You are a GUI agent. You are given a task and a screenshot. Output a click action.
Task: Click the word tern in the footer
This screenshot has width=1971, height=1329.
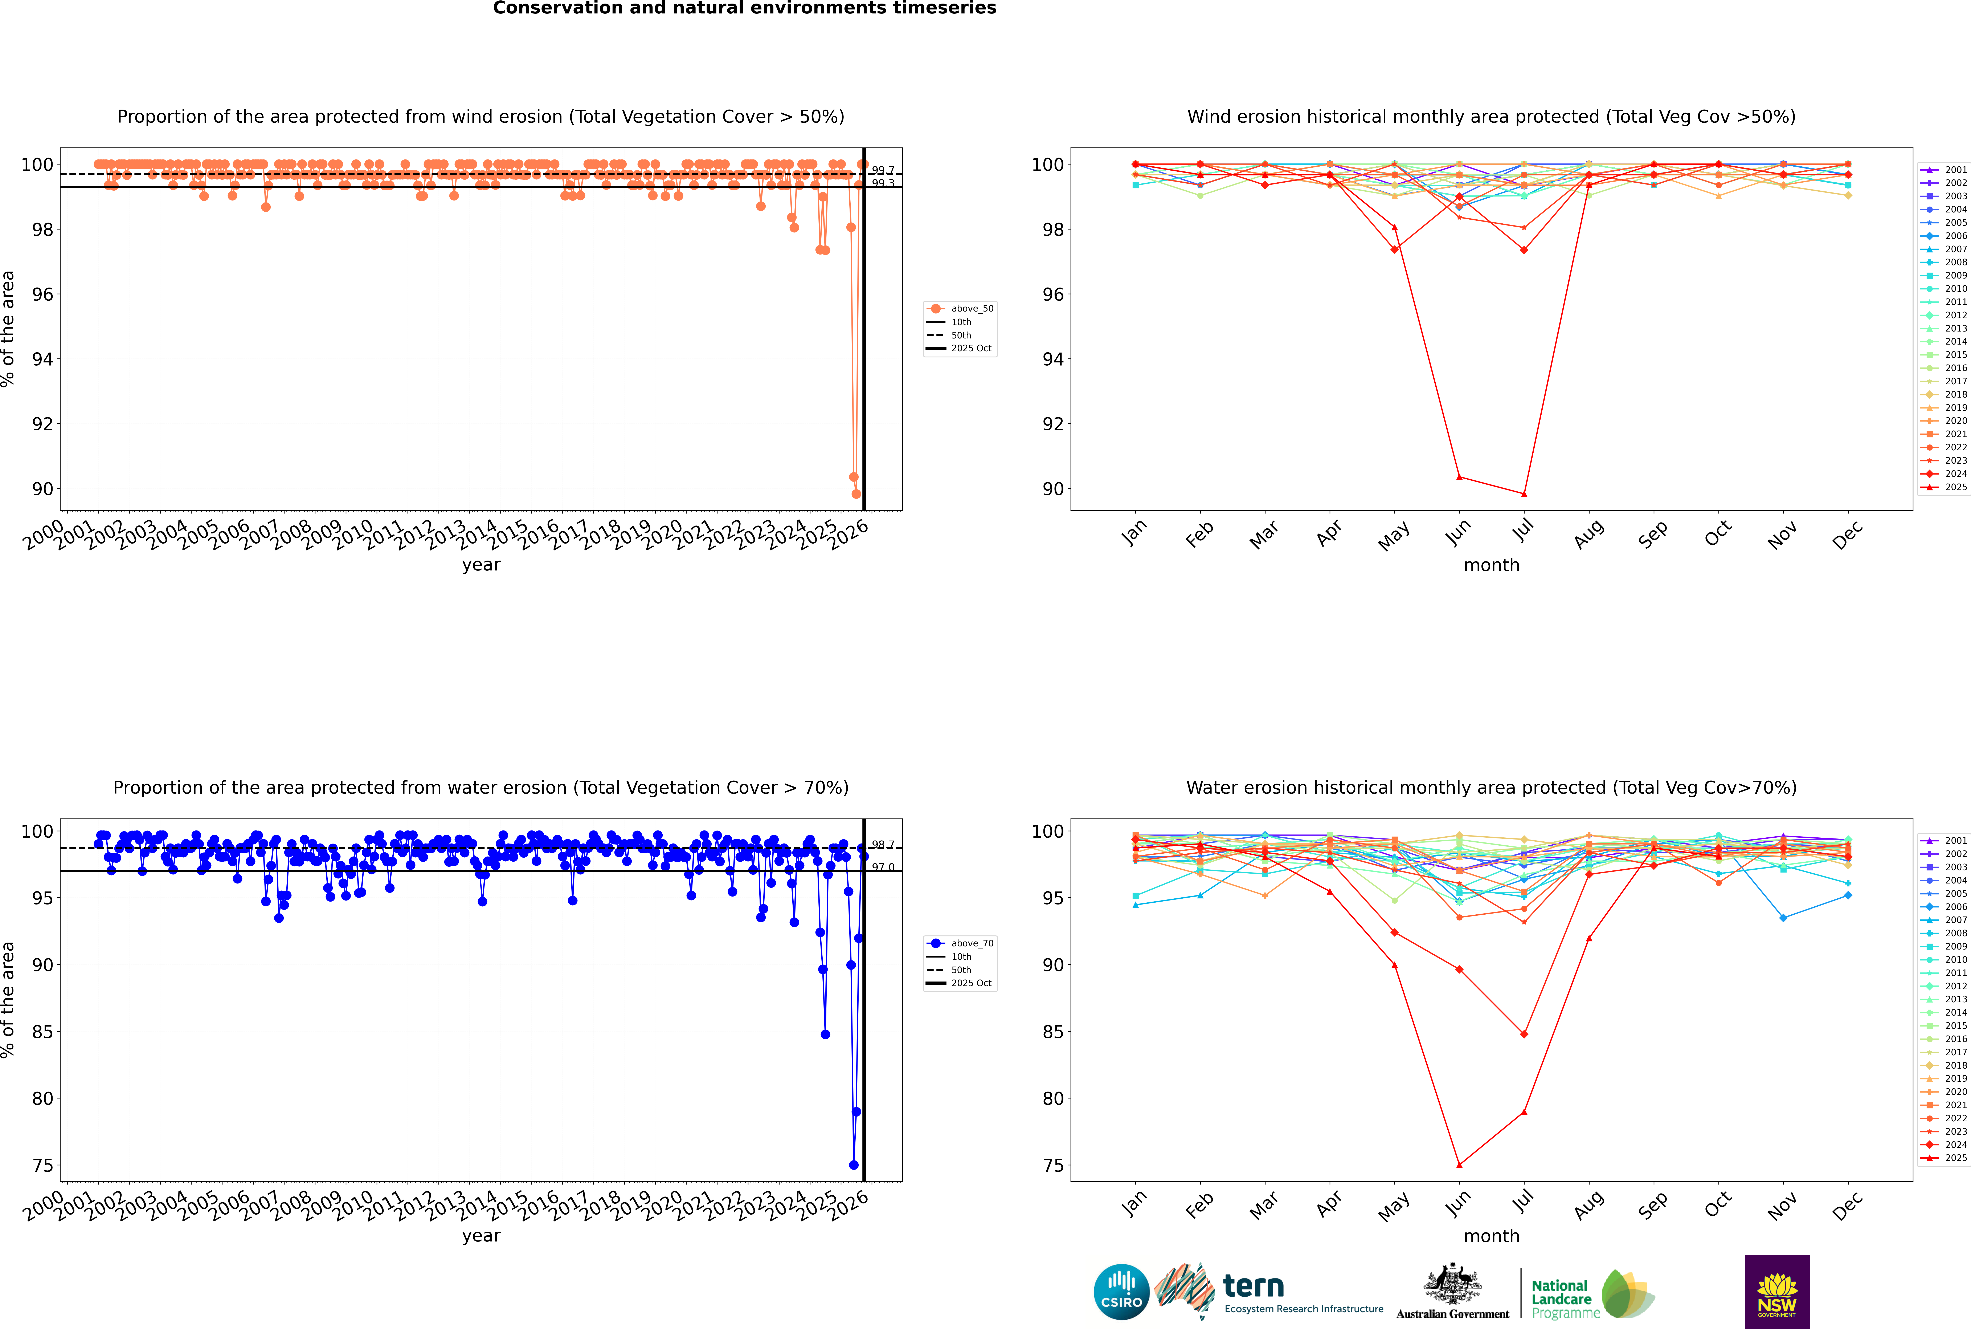tap(1253, 1287)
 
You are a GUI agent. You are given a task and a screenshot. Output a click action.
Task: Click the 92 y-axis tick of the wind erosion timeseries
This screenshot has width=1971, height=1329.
tap(42, 424)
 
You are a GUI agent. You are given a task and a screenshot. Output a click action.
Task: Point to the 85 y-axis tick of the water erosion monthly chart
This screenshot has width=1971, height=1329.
tap(1052, 1032)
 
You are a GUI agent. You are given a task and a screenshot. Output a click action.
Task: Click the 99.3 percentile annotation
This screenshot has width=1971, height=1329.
tap(883, 183)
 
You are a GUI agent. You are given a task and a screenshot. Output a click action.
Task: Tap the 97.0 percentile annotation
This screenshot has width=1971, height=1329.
tap(883, 867)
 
